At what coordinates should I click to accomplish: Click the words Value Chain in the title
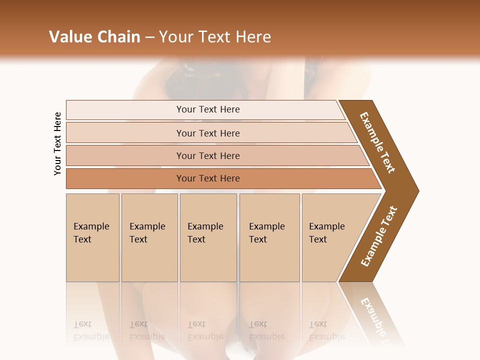point(94,37)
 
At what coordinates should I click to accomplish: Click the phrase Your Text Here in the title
point(215,37)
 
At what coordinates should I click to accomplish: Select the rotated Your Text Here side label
point(57,143)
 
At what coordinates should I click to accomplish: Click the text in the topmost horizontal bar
point(208,109)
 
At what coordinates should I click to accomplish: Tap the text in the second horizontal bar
point(208,133)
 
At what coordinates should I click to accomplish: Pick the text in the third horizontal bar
point(208,156)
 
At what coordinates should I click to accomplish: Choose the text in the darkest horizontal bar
point(208,178)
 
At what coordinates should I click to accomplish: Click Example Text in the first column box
point(91,233)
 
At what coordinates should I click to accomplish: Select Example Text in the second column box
point(147,233)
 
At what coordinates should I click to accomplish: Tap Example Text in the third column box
point(205,233)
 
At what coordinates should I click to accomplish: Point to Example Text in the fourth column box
point(266,233)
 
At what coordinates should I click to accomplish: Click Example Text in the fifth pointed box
point(326,233)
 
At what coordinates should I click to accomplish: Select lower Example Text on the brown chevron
point(379,236)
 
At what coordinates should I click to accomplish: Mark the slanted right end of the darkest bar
point(376,179)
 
